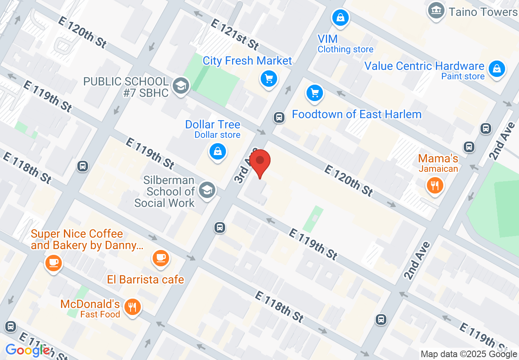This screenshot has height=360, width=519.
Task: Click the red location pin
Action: tap(260, 162)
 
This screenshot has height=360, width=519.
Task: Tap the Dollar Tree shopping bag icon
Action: tap(218, 151)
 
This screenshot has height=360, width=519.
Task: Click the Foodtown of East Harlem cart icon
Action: tap(315, 93)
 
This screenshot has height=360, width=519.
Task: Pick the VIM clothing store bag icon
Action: tap(341, 17)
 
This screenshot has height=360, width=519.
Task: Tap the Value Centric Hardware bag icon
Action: tap(497, 68)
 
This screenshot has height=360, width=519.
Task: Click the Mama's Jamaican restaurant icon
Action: tap(435, 185)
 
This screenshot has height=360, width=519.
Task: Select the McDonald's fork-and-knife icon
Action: tap(132, 306)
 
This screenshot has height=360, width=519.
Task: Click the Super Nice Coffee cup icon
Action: tap(54, 262)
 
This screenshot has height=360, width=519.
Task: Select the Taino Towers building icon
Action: tap(436, 9)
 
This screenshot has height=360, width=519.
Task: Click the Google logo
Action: tap(27, 350)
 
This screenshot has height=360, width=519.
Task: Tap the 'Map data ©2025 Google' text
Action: tap(469, 354)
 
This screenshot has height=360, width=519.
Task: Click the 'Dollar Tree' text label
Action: tap(213, 124)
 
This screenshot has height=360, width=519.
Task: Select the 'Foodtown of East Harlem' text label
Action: tap(357, 114)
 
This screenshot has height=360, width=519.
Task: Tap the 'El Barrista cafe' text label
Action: tap(146, 279)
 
